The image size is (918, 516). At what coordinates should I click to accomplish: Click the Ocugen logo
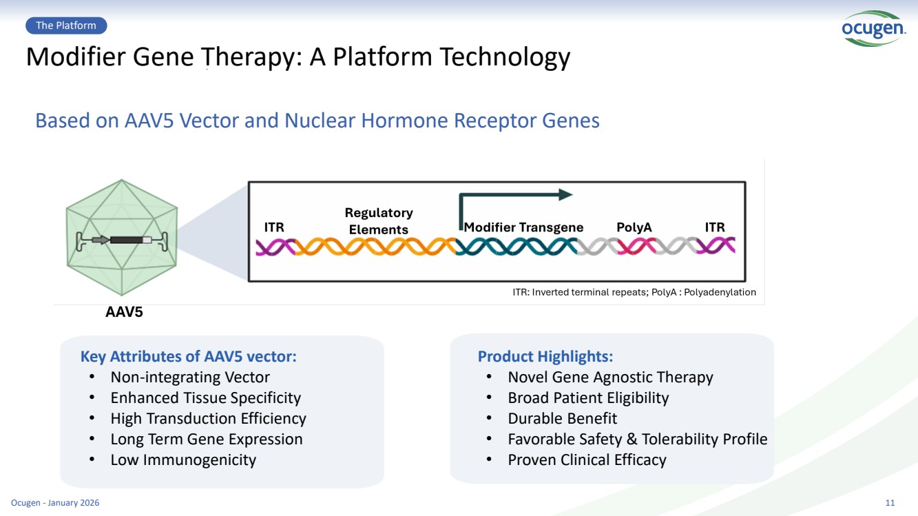pyautogui.click(x=873, y=29)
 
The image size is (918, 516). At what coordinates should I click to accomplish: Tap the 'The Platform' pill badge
pyautogui.click(x=66, y=25)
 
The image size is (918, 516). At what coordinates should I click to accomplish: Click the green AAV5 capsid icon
pyautogui.click(x=122, y=237)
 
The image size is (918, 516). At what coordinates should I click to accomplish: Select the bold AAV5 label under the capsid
pyautogui.click(x=124, y=312)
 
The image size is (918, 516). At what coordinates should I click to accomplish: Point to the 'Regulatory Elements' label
pyautogui.click(x=379, y=221)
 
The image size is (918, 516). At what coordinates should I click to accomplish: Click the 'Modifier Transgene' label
pyautogui.click(x=524, y=227)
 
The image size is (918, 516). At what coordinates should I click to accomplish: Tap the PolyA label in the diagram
pyautogui.click(x=634, y=227)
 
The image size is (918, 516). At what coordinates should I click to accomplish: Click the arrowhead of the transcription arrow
pyautogui.click(x=565, y=194)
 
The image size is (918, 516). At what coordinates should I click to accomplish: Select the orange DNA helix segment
pyautogui.click(x=375, y=247)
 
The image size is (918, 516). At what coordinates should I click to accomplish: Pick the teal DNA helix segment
pyautogui.click(x=517, y=247)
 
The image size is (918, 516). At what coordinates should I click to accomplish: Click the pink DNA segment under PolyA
pyautogui.click(x=636, y=247)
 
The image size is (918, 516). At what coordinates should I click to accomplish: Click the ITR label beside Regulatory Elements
pyautogui.click(x=274, y=227)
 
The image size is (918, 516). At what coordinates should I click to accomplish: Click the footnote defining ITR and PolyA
pyautogui.click(x=634, y=292)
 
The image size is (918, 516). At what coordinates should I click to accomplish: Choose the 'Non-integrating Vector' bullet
pyautogui.click(x=190, y=377)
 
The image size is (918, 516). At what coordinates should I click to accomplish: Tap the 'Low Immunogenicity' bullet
pyautogui.click(x=183, y=460)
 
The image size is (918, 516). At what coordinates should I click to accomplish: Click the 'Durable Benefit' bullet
pyautogui.click(x=562, y=418)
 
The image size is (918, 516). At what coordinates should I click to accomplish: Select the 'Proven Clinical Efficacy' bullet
pyautogui.click(x=587, y=460)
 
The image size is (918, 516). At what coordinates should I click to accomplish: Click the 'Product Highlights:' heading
pyautogui.click(x=545, y=356)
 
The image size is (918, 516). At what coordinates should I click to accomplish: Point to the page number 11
pyautogui.click(x=890, y=503)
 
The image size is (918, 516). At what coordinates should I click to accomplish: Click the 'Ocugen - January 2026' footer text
pyautogui.click(x=55, y=503)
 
